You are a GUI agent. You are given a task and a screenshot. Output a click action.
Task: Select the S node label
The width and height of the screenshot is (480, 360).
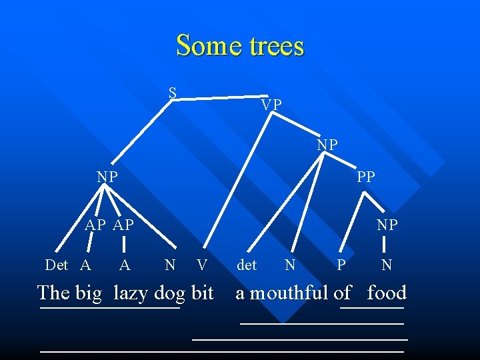pos(173,93)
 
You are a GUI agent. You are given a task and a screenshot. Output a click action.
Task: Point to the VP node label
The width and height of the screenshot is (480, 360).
pos(271,105)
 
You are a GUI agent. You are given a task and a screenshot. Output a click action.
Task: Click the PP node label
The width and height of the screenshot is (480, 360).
pos(366,177)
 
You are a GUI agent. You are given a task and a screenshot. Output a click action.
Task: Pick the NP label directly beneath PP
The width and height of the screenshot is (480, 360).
pos(387,225)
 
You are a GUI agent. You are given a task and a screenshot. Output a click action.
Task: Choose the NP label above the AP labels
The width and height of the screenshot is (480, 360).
pos(107,177)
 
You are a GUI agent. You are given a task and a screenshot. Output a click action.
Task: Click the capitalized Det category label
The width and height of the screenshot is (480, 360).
pos(57,265)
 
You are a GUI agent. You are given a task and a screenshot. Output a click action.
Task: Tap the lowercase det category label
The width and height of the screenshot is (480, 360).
pos(247,265)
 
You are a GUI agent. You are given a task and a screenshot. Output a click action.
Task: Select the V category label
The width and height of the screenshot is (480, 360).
pos(202,265)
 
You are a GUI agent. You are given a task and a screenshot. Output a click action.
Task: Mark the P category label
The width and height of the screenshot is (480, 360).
pos(341,265)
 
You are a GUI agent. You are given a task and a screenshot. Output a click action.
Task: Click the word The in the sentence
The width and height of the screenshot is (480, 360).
pos(53,293)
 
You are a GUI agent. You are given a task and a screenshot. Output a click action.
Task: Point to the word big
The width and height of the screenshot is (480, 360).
pos(89,293)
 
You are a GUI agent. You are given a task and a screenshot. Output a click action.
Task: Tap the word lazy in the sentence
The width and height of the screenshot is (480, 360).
pos(131,293)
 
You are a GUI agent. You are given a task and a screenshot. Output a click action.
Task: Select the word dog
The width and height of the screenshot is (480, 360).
pos(169,293)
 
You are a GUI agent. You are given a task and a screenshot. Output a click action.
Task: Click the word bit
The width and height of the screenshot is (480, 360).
pos(203,293)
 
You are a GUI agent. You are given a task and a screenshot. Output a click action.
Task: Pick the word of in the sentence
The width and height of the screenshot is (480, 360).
pos(343,293)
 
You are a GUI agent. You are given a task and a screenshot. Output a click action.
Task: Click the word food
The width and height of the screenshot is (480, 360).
pos(387,293)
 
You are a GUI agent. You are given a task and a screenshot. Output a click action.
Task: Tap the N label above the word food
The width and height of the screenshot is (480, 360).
pos(387,265)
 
